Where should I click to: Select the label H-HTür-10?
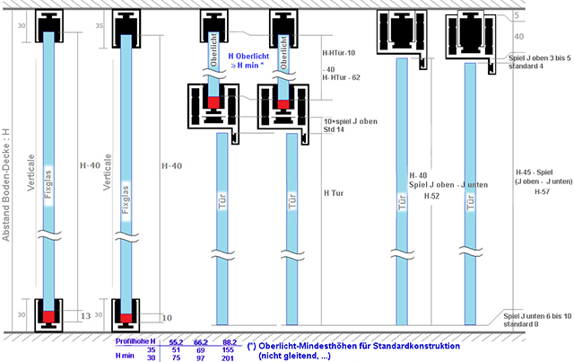pyautogui.click(x=339, y=52)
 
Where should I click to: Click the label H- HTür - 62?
pyautogui.click(x=342, y=78)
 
